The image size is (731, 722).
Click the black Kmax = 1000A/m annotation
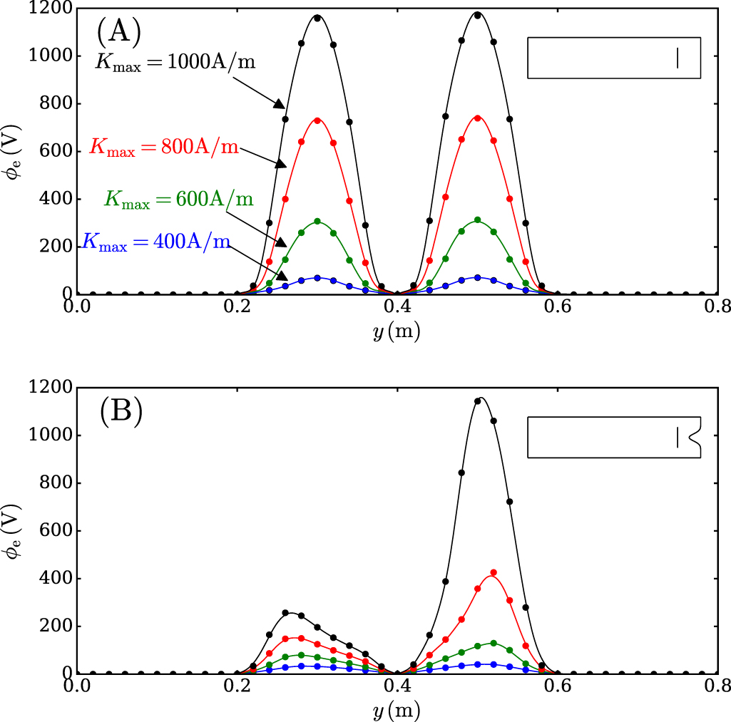[175, 63]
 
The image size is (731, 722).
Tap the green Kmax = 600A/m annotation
[179, 199]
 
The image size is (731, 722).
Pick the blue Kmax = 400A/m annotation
[156, 242]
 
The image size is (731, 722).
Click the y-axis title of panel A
[13, 151]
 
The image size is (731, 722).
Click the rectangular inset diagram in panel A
[614, 57]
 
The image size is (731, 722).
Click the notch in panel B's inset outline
[692, 436]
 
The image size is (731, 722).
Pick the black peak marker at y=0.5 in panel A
[477, 15]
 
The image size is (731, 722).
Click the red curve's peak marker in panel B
[494, 572]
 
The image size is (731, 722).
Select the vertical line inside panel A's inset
[678, 57]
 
